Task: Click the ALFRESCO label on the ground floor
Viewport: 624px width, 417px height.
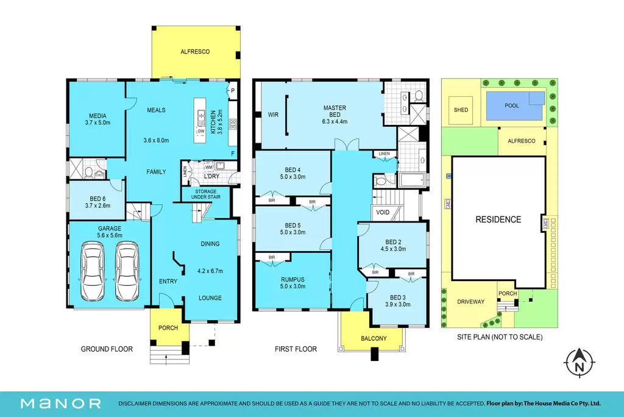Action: (x=195, y=52)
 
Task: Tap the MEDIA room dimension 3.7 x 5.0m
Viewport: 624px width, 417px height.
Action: (x=97, y=123)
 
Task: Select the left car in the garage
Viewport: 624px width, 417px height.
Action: (x=93, y=271)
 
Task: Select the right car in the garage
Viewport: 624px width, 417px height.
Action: (x=127, y=271)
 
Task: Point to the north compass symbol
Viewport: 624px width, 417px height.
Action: (x=580, y=362)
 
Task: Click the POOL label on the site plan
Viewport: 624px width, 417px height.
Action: (x=512, y=105)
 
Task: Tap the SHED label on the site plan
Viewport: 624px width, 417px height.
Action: (x=461, y=110)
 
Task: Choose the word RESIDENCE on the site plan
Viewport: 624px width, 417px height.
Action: (x=498, y=219)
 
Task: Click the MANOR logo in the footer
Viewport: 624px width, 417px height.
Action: (x=61, y=404)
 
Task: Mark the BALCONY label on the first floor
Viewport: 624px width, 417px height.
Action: (x=374, y=338)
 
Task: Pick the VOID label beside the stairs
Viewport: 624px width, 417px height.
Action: (x=383, y=212)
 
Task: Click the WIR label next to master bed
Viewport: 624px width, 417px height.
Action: (x=273, y=115)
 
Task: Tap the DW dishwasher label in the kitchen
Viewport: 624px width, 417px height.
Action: (x=201, y=131)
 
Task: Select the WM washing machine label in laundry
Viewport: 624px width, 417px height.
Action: (x=209, y=167)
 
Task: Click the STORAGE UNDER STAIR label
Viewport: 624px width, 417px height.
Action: (x=206, y=194)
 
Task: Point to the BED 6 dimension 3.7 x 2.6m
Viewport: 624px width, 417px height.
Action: (x=97, y=205)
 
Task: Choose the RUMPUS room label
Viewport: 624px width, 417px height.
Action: (x=292, y=280)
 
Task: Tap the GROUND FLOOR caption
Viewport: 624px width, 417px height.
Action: (x=107, y=349)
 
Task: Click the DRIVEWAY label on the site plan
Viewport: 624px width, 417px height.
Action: (x=471, y=302)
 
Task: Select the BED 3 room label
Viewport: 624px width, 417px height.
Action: (x=398, y=298)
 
